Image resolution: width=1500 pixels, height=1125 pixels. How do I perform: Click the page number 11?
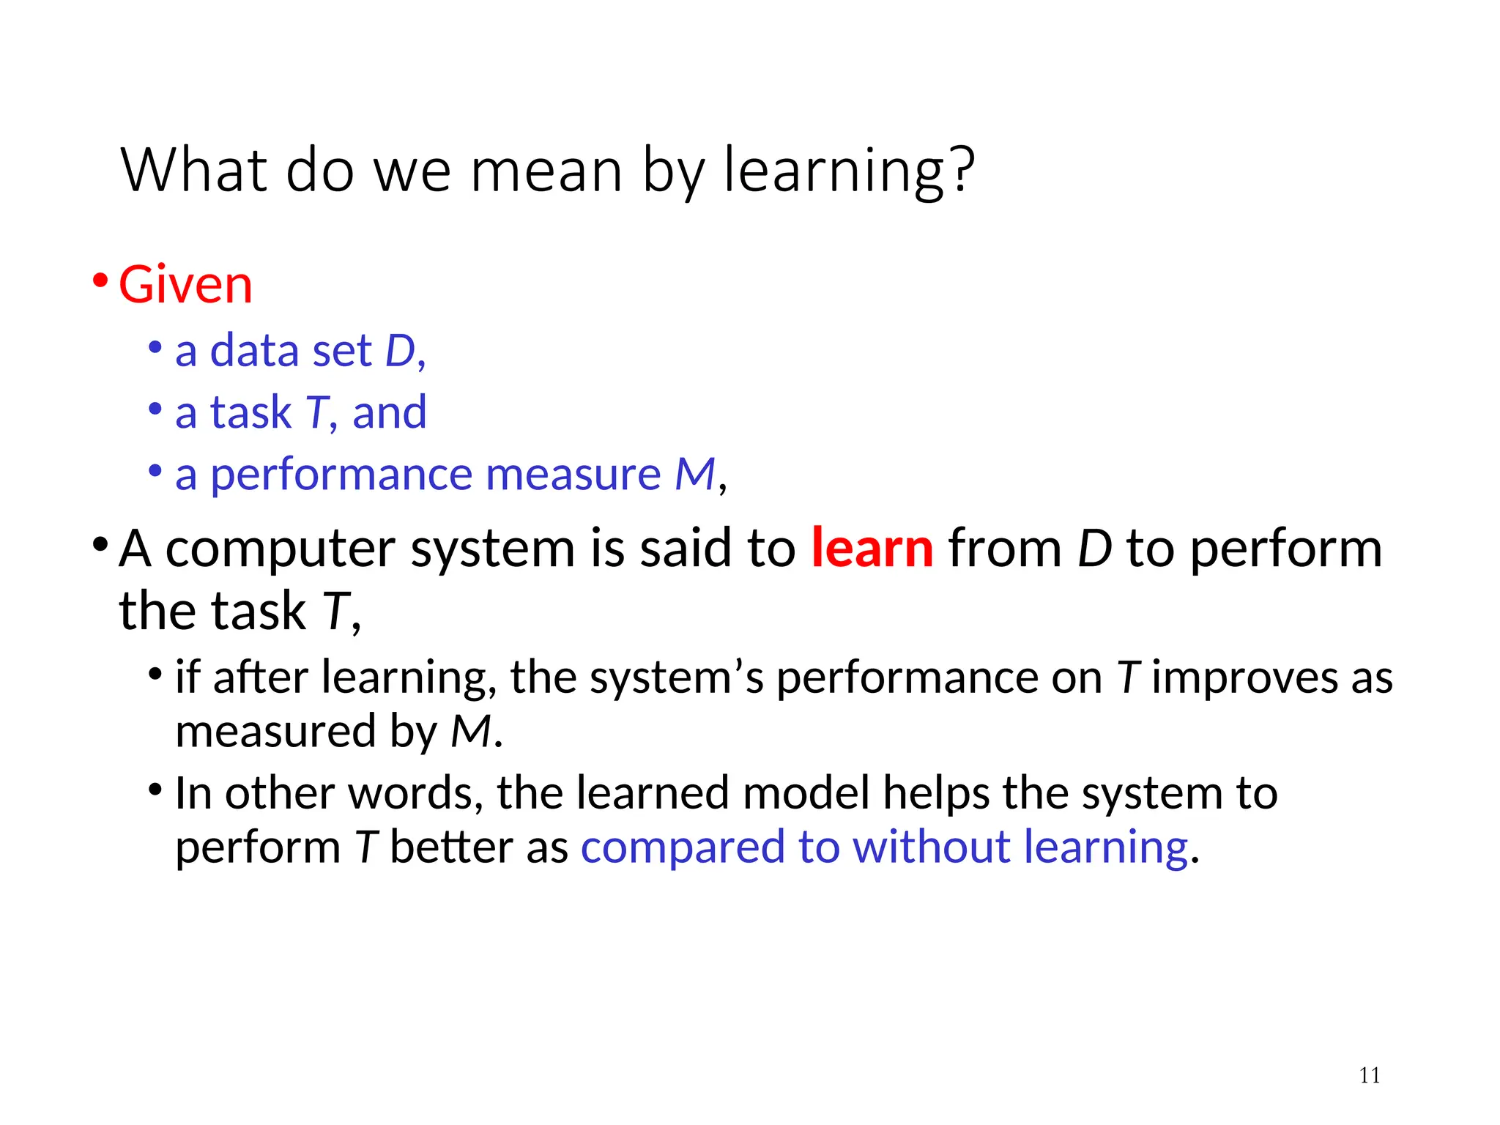[1370, 1075]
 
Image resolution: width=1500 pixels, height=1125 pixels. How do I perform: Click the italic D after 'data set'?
[400, 351]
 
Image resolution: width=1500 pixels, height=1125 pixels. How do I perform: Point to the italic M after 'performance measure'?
[694, 474]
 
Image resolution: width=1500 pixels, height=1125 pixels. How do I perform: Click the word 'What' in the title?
[194, 170]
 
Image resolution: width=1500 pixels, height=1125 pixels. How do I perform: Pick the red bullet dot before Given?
[100, 281]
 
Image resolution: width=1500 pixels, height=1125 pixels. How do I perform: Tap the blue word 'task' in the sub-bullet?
[250, 412]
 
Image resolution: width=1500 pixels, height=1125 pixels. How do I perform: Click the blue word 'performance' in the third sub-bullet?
[341, 475]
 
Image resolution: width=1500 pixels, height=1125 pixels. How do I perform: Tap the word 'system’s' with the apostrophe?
[677, 678]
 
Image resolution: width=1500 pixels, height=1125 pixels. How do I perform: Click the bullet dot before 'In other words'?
[155, 790]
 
